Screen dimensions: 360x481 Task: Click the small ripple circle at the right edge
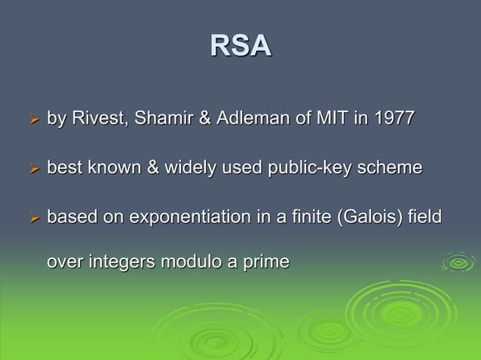[x=458, y=263]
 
